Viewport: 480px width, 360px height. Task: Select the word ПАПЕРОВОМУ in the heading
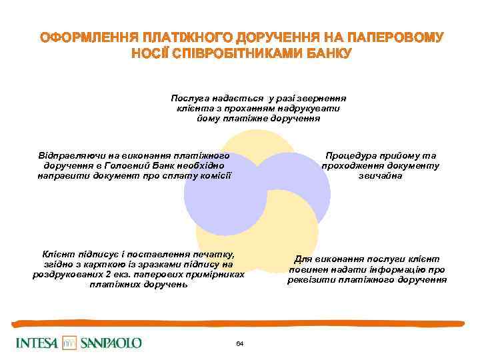[398, 37]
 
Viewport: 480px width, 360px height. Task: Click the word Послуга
[190, 97]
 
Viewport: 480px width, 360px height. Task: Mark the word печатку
[210, 254]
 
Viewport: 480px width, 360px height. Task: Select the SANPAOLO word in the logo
[111, 343]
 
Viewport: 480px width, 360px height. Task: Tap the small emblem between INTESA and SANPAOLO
[70, 343]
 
